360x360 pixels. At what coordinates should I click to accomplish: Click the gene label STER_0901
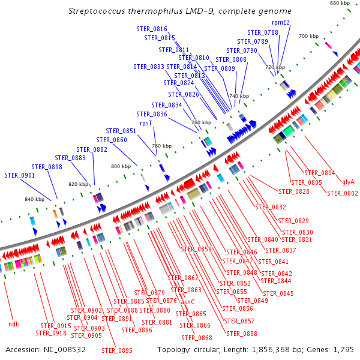pos(19,175)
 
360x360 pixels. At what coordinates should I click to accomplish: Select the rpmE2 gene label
pos(281,23)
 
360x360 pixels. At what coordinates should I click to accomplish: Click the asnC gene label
pos(188,302)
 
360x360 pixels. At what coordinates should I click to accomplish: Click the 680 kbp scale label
pos(340,4)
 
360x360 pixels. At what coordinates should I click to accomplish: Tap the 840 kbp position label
pos(34,199)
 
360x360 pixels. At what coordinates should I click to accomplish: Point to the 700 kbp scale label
pos(308,37)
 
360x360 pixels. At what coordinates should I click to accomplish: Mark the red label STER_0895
pos(116,350)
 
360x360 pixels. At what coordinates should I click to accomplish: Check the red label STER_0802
pos(343,193)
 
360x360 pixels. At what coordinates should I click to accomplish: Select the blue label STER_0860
pos(112,140)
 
